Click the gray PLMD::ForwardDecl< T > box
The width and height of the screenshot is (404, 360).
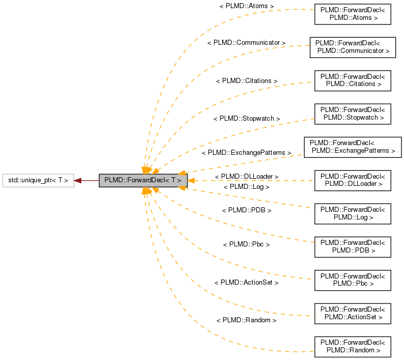coord(143,180)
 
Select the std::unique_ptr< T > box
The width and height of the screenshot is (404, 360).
coord(38,180)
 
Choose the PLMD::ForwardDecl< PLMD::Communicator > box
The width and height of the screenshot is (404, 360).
coord(353,46)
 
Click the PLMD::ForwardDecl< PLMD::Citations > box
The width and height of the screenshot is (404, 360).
coord(352,80)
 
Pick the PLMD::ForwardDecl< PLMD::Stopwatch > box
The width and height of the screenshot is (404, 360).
coord(352,113)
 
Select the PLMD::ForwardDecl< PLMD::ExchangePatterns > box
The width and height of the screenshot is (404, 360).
coord(353,147)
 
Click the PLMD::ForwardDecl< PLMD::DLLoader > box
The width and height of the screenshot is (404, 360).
coord(352,180)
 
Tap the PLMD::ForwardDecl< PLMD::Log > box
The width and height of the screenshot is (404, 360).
coord(352,213)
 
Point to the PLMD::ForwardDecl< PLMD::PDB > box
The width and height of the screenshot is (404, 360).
coord(352,247)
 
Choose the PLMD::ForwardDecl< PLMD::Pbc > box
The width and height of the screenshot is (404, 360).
coord(352,280)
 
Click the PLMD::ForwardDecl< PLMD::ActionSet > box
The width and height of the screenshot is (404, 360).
coord(352,314)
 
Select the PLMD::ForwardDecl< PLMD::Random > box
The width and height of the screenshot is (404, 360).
coord(352,347)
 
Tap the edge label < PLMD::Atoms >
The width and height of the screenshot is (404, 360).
coord(247,6)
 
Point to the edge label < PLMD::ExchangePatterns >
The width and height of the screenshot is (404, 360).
coord(247,153)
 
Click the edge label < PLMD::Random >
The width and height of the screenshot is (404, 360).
coord(247,320)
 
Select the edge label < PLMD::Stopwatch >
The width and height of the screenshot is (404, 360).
coord(247,118)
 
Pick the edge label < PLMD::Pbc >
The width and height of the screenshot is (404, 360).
coord(247,244)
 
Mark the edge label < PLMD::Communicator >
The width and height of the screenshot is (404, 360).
coord(247,43)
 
